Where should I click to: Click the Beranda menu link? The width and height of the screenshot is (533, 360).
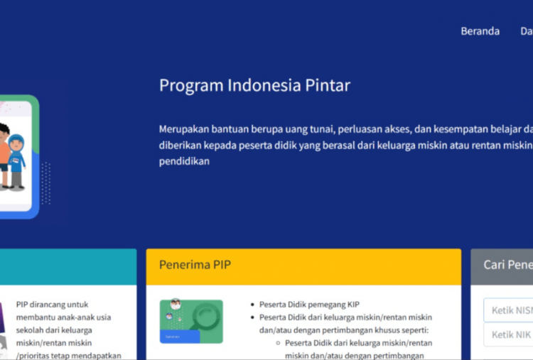point(480,31)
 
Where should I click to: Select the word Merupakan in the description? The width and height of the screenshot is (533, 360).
point(184,129)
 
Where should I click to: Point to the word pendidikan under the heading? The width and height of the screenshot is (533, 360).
point(184,161)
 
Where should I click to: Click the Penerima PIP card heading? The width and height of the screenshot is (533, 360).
point(195,265)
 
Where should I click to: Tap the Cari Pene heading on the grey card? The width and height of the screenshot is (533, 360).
point(507,265)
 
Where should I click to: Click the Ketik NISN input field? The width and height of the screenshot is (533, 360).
point(510,310)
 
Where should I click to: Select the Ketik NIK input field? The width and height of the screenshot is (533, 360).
point(510,334)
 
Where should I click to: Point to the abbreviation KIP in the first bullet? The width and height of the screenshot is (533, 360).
point(353,305)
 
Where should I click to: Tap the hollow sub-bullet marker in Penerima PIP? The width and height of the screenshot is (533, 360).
point(277,343)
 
